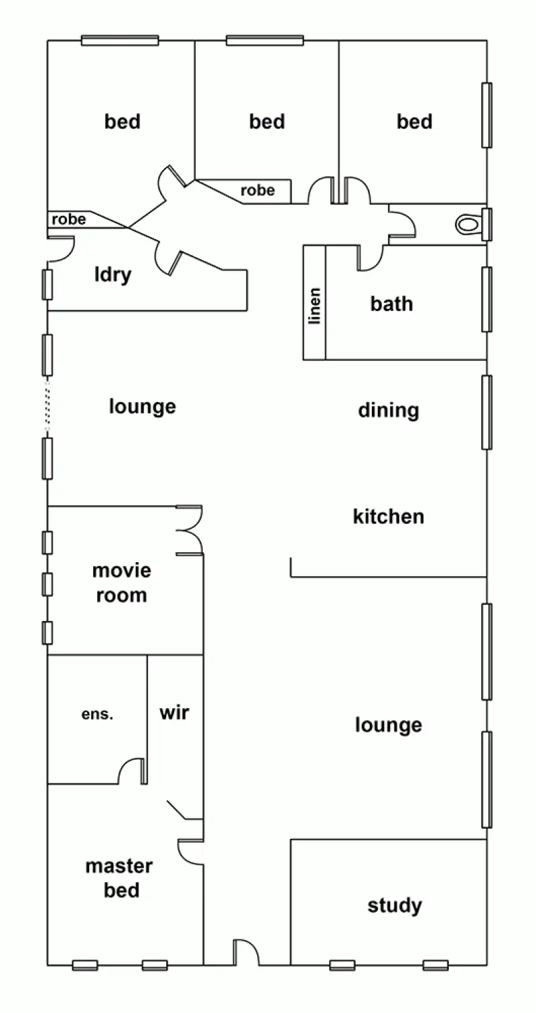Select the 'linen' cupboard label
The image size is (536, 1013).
tap(314, 306)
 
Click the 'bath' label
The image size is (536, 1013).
tap(391, 303)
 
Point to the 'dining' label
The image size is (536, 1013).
tap(389, 410)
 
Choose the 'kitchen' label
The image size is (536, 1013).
tap(389, 517)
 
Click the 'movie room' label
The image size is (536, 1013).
tap(121, 583)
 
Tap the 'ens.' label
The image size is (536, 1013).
tap(97, 714)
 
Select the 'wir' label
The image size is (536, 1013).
tap(174, 712)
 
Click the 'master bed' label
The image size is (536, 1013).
tap(119, 878)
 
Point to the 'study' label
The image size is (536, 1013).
tap(395, 906)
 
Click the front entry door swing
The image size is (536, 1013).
tap(245, 951)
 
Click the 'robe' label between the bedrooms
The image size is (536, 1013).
tap(257, 190)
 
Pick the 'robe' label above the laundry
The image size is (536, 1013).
tap(69, 219)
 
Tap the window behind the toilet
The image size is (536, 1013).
tap(487, 224)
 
